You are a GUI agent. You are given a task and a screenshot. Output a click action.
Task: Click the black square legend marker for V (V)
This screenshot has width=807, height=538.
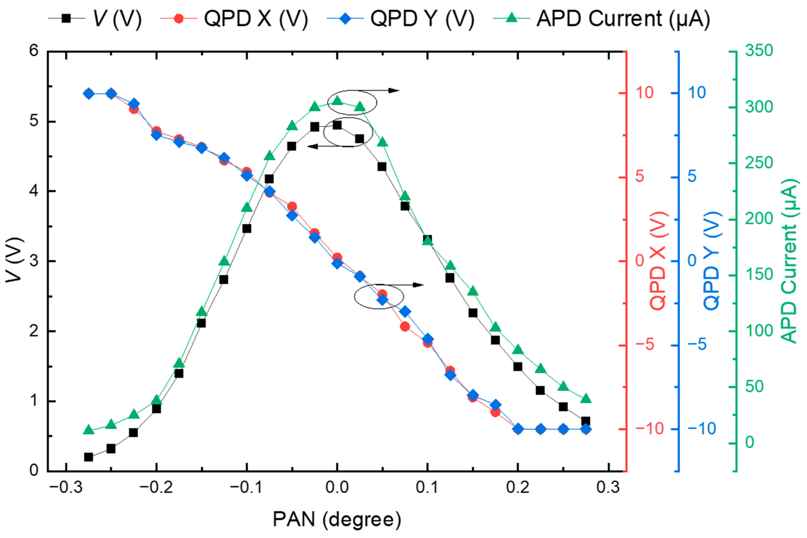pyautogui.click(x=66, y=18)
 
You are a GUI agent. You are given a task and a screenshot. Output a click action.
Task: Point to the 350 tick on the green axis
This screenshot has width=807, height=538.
pyautogui.click(x=759, y=50)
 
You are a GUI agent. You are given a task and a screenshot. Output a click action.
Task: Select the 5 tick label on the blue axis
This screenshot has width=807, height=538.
pyautogui.click(x=692, y=176)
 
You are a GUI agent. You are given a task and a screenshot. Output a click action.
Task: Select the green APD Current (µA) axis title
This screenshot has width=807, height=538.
pyautogui.click(x=790, y=261)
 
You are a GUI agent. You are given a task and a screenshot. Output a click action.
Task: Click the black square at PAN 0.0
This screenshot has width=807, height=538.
pyautogui.click(x=337, y=125)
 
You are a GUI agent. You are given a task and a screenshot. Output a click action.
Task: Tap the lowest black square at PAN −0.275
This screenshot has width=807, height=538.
pyautogui.click(x=88, y=457)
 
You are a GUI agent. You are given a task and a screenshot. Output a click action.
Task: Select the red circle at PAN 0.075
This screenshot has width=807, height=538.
pyautogui.click(x=405, y=326)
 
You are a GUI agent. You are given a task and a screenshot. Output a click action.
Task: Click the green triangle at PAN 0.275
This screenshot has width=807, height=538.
pyautogui.click(x=586, y=399)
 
